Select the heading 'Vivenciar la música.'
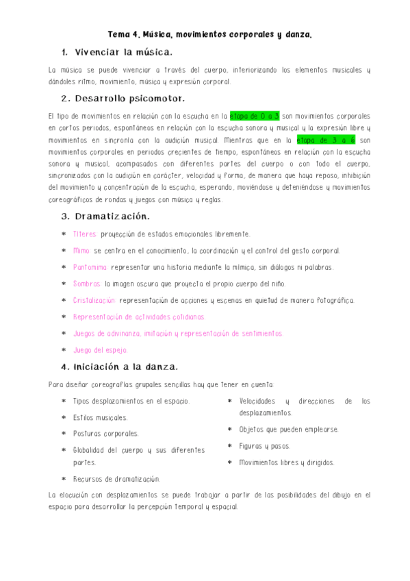tap(123, 52)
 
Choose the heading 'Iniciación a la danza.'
tap(127, 366)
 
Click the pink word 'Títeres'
tap(85, 234)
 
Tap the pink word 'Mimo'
tap(81, 251)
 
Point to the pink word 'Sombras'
tap(87, 284)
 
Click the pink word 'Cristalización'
tap(94, 300)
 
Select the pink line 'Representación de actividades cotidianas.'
tap(139, 317)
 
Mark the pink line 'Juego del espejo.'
tap(100, 349)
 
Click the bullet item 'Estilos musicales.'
tap(100, 417)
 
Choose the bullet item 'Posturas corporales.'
tap(105, 434)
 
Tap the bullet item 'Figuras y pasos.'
tap(265, 446)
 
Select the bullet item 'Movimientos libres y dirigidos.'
tap(287, 462)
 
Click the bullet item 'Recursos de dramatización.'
tap(116, 479)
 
